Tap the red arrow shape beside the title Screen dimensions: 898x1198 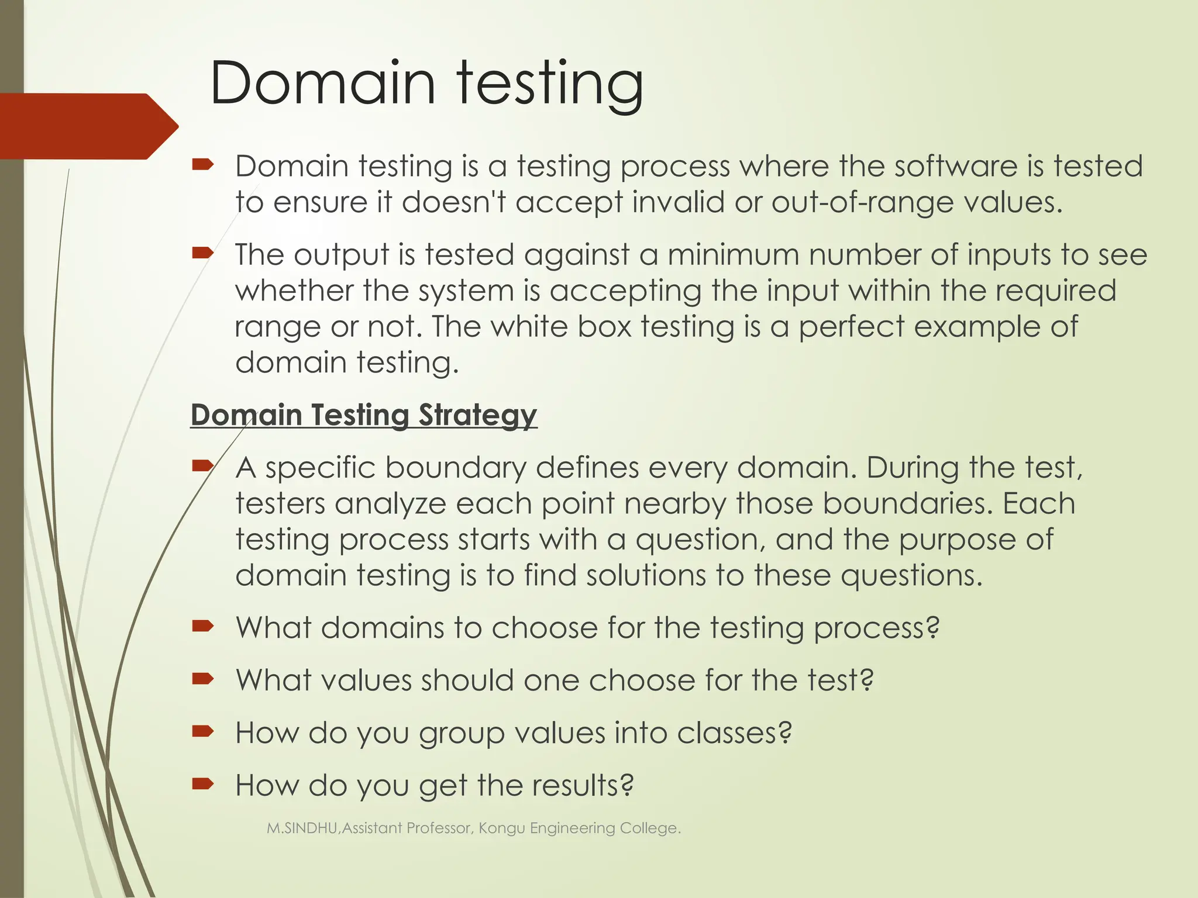88,126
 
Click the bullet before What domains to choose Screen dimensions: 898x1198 203,627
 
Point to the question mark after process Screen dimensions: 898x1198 933,628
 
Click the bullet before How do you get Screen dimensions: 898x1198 203,784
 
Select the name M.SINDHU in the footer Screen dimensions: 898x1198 302,828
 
